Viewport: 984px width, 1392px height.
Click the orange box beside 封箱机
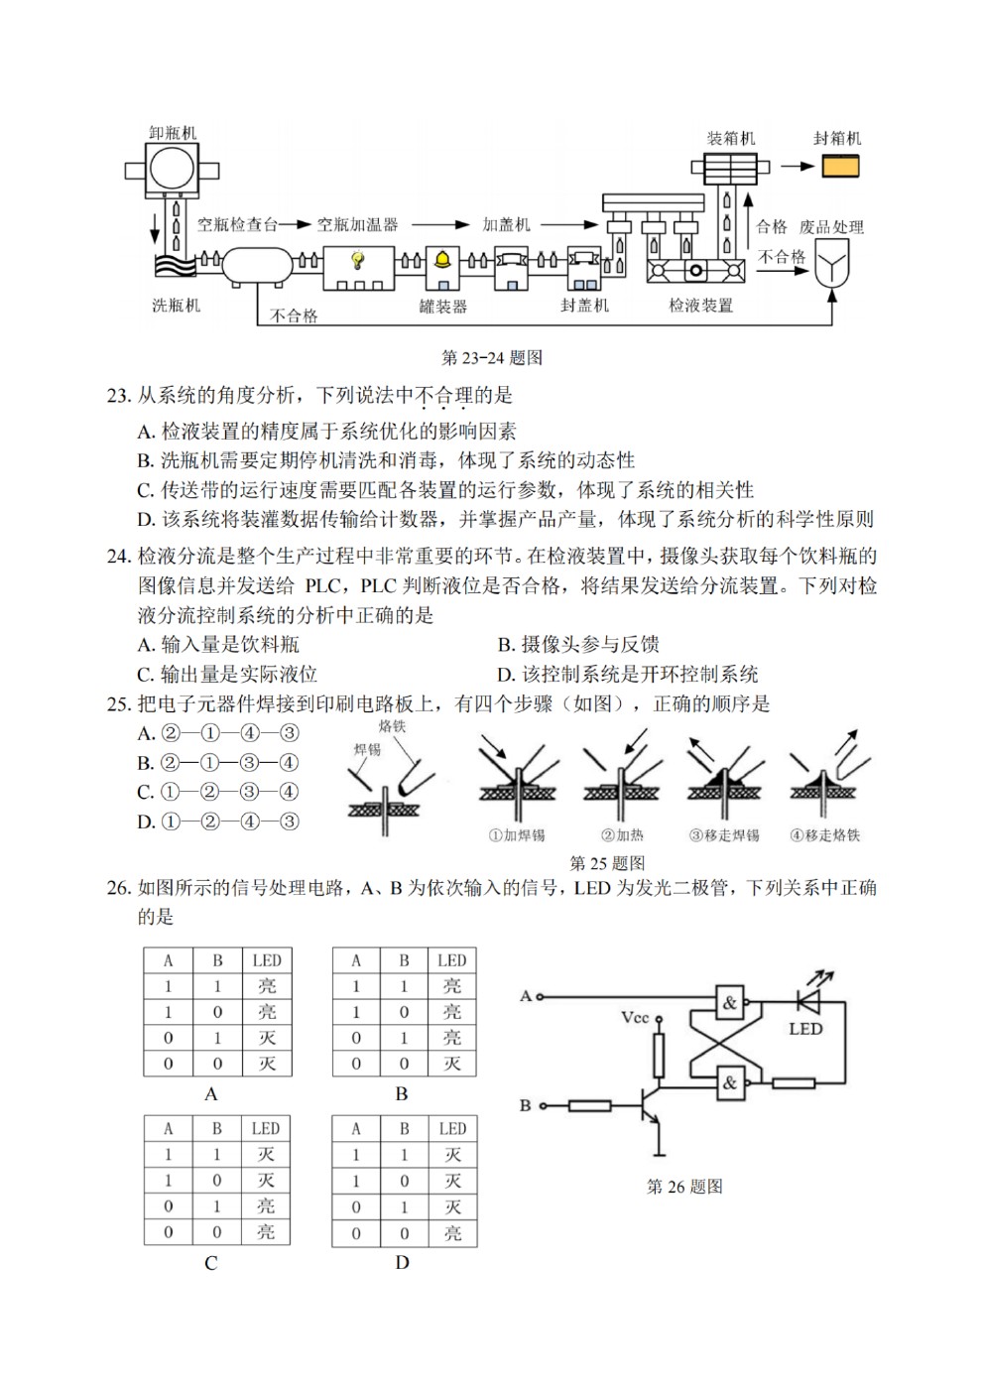pos(840,167)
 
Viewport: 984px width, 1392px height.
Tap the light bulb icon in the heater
pos(358,259)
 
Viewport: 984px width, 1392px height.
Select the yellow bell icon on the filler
pos(443,260)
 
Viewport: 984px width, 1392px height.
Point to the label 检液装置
pos(700,305)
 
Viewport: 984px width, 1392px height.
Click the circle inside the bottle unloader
pos(172,169)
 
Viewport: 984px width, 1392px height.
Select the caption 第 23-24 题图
pos(491,357)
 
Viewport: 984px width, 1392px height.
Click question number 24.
pos(118,556)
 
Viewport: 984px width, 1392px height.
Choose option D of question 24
pos(628,674)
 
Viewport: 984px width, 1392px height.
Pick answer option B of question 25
pos(218,763)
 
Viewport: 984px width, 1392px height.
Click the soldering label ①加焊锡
pos(517,835)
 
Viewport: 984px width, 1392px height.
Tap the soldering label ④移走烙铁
pos(824,835)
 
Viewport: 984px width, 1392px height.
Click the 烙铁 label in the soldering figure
pos(392,726)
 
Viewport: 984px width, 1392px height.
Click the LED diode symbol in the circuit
pos(808,1002)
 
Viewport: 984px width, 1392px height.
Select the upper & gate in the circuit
pos(729,1002)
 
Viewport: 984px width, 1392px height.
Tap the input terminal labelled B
pos(542,1105)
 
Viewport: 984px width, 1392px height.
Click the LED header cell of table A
pos(267,960)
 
